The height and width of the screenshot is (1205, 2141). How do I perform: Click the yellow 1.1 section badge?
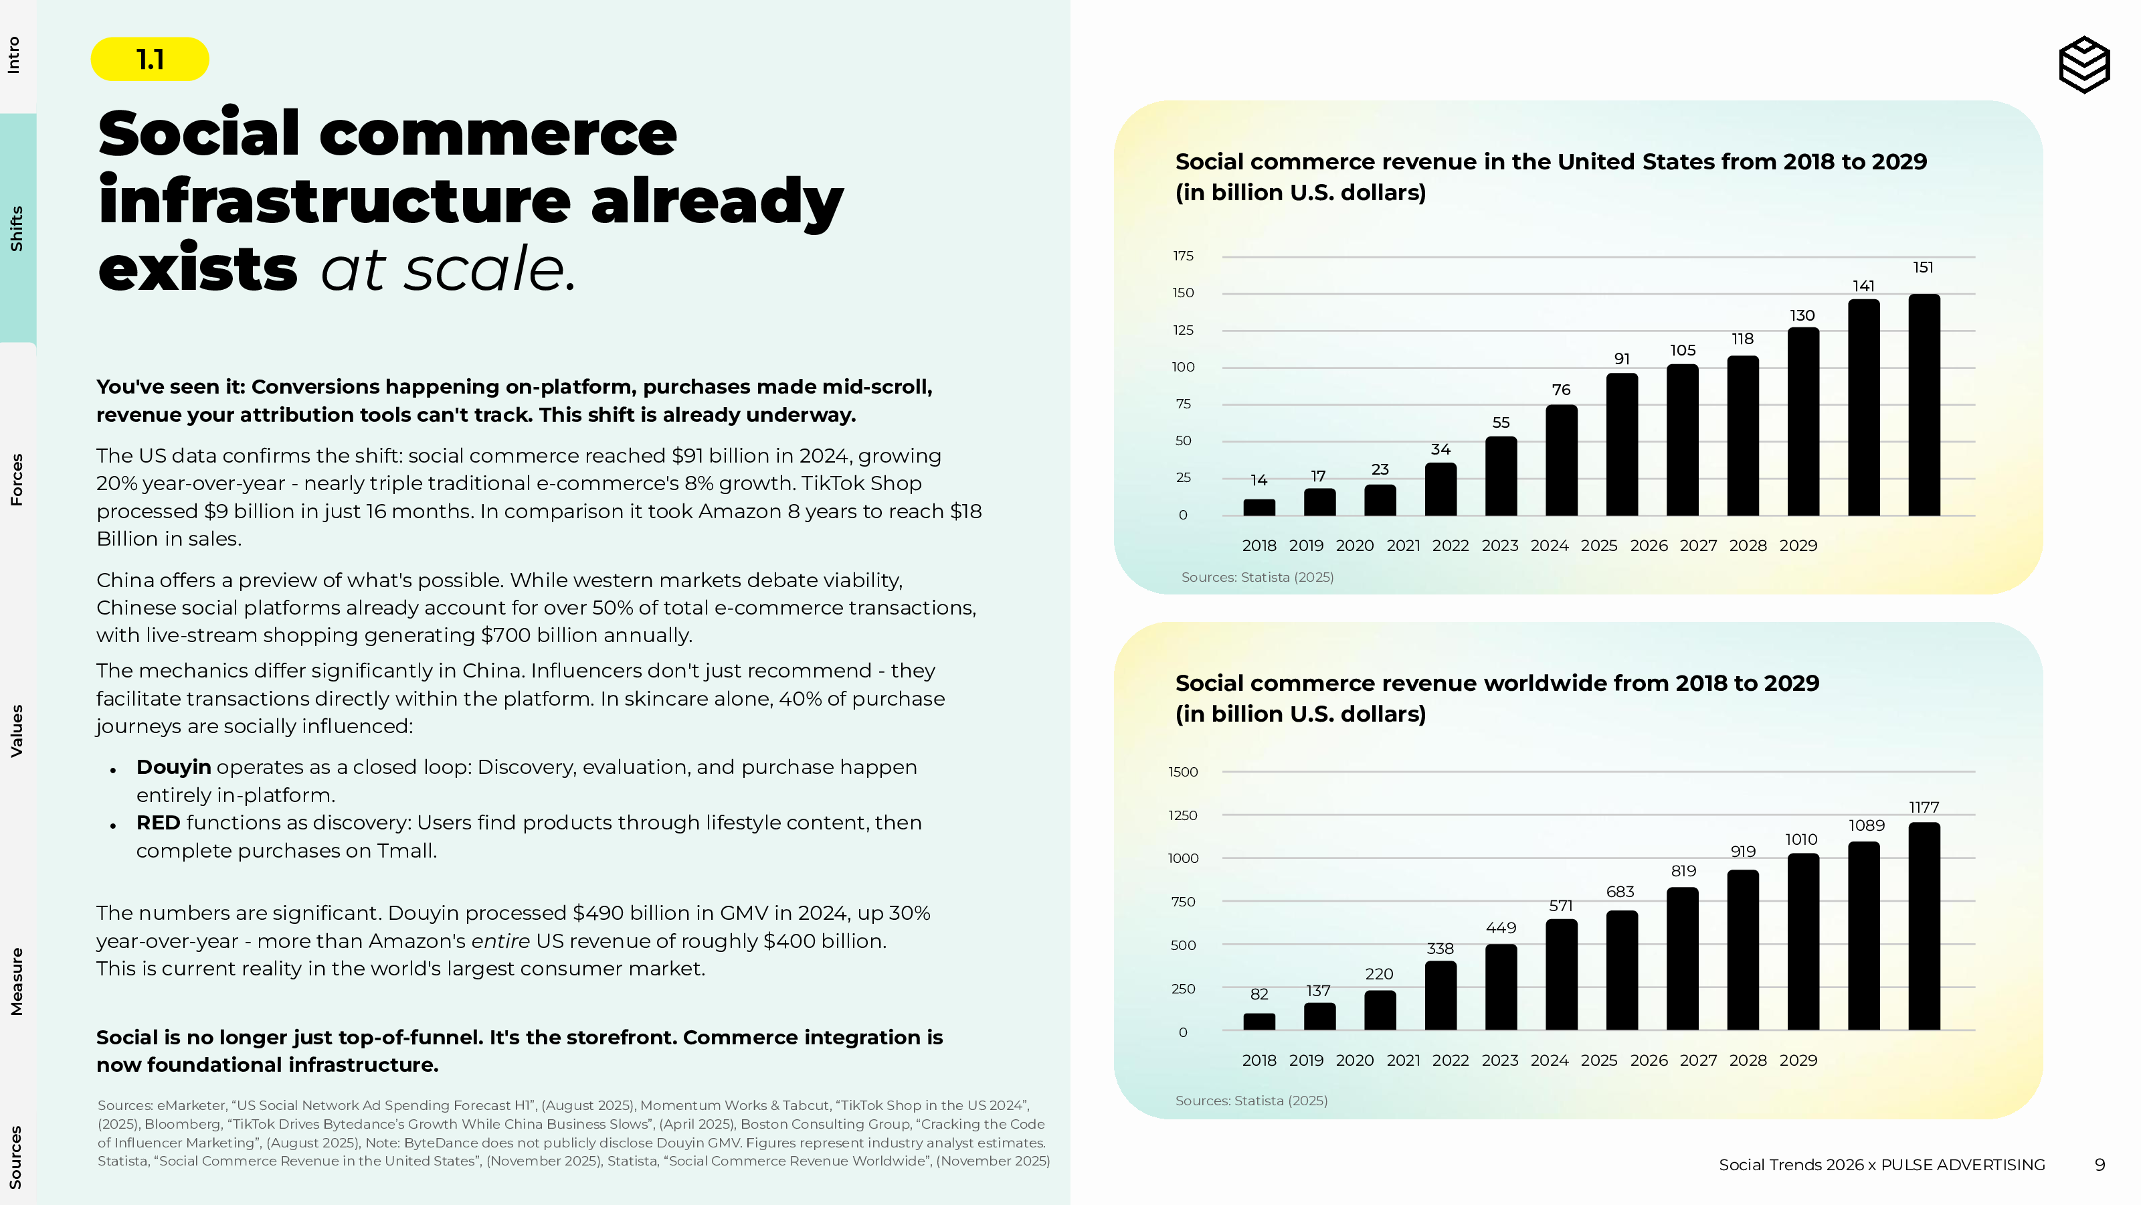tap(150, 59)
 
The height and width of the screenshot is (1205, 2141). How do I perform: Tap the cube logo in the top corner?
tap(2083, 64)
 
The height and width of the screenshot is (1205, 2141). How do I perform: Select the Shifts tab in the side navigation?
tap(17, 229)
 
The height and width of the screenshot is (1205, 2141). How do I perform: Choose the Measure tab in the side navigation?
tap(17, 981)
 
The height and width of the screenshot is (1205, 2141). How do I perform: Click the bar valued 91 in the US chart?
tap(1622, 445)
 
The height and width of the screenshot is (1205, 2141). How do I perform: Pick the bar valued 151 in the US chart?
tap(1924, 405)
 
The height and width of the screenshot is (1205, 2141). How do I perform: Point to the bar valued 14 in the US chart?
tap(1259, 507)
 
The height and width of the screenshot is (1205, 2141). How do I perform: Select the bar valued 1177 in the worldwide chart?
tap(1924, 927)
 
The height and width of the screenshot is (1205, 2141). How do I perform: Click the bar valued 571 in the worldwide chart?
tap(1561, 975)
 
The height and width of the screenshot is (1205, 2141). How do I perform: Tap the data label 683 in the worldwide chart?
tap(1620, 892)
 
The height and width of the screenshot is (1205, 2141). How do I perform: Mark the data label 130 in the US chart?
tap(1802, 316)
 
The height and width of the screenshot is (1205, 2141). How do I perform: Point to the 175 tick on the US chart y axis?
tap(1183, 256)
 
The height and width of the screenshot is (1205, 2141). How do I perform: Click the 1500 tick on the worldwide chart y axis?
tap(1183, 773)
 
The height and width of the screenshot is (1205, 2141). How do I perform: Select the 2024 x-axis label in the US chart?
tap(1550, 546)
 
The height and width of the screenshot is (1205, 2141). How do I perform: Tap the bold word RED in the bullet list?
tap(158, 823)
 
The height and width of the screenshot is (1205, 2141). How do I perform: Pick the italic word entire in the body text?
tap(500, 941)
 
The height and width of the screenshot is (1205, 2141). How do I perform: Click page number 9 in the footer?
tap(2100, 1165)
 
